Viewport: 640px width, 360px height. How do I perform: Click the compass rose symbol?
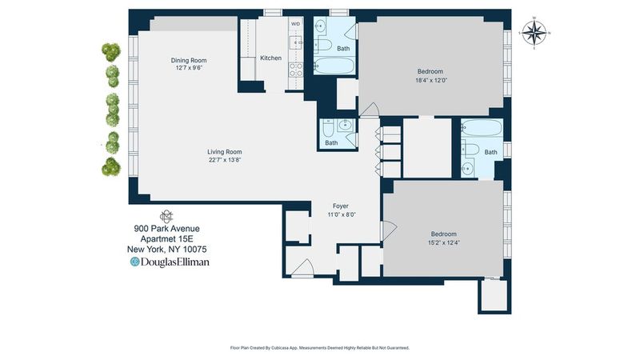534,33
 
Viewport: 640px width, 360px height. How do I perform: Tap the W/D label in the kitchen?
295,24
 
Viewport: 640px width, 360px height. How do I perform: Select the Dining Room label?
189,61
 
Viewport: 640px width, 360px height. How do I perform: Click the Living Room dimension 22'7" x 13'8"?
225,160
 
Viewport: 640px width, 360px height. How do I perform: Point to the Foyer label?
341,206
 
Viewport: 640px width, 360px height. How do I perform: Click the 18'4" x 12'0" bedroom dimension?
431,81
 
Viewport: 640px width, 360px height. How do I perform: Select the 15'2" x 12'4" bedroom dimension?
444,242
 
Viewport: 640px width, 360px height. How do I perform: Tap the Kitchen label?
270,58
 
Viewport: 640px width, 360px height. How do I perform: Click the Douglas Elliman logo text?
170,262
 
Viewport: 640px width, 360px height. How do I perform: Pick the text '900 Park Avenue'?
167,229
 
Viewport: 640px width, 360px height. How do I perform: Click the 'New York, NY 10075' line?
167,250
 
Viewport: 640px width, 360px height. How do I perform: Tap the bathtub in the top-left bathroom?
334,66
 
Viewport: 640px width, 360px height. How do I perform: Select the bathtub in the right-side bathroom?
482,127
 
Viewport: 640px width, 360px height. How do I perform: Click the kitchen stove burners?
296,70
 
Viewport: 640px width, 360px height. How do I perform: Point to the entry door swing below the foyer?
302,267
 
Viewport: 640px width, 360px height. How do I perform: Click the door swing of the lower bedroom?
388,230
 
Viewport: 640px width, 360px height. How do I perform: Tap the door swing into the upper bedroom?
370,110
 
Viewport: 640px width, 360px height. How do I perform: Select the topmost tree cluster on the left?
111,52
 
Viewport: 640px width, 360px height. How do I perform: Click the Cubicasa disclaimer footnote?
319,348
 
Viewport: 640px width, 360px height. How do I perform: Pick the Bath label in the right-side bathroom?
490,152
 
